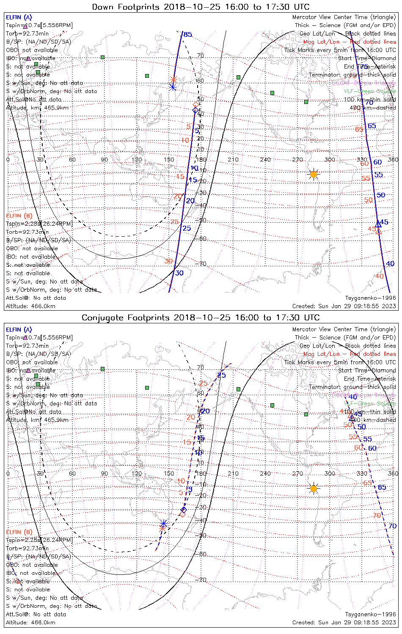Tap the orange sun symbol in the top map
(313, 174)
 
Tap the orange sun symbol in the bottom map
(313, 489)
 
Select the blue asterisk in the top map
(172, 87)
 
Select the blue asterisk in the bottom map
(164, 524)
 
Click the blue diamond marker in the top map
(195, 110)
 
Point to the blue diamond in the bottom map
(184, 510)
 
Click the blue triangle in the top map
(378, 224)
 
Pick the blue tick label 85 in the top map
(187, 35)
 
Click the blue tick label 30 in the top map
(179, 273)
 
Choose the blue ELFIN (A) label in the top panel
(19, 17)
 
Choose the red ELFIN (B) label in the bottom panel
(19, 532)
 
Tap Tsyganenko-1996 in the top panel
(370, 298)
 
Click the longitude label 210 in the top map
(233, 160)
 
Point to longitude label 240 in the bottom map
(265, 473)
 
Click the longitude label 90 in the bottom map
(104, 473)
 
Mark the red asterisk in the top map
(173, 79)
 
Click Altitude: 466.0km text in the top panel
(30, 306)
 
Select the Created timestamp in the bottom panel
(344, 622)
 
